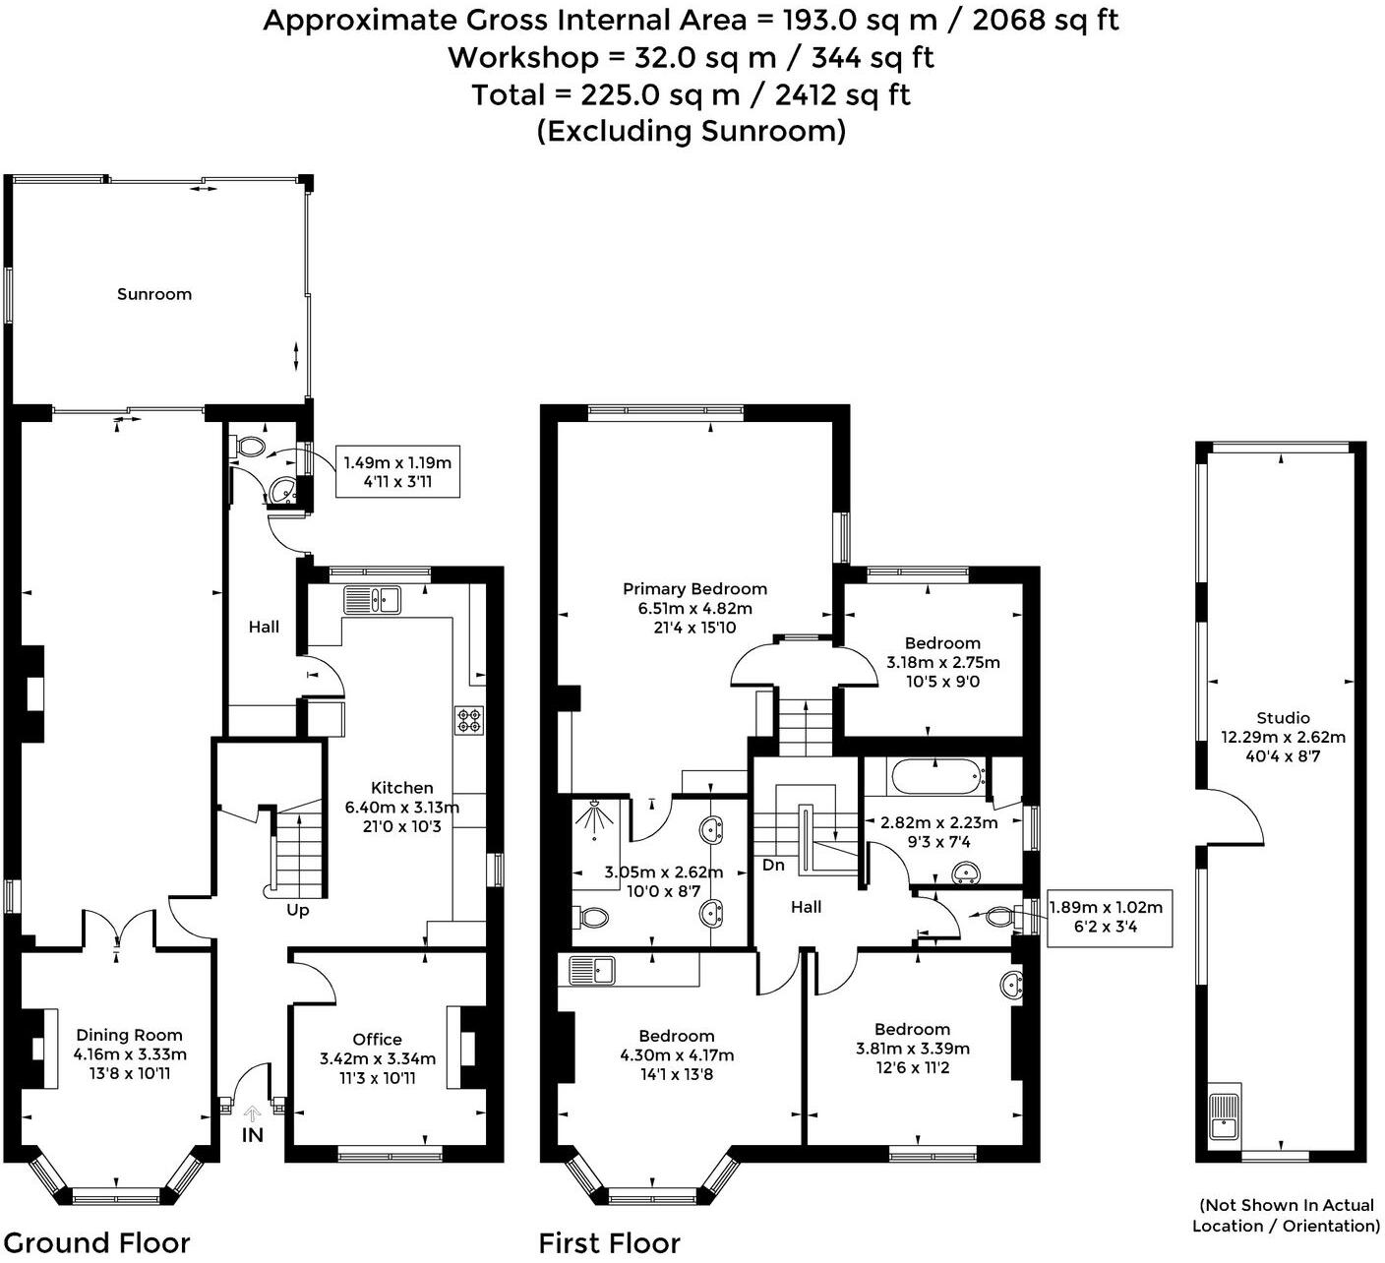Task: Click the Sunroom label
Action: (x=154, y=294)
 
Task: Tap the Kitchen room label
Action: (x=401, y=788)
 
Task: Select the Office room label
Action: (x=378, y=1040)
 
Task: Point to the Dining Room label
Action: (x=130, y=1035)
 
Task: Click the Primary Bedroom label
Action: (x=694, y=589)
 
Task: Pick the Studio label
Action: (x=1283, y=718)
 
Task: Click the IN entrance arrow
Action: (x=253, y=1114)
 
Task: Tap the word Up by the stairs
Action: (x=298, y=911)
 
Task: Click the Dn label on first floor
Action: (x=774, y=866)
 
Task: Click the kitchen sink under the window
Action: (x=373, y=599)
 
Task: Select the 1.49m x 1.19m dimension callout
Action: (x=397, y=472)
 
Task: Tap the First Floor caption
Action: (x=610, y=1243)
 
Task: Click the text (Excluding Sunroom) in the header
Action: (x=692, y=131)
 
